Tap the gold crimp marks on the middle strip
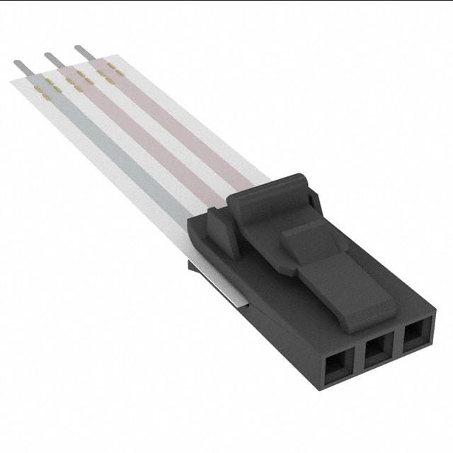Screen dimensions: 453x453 (78, 79)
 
